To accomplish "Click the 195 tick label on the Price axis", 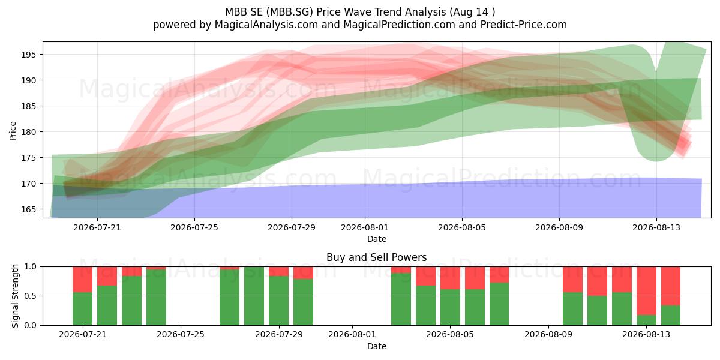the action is (28, 55).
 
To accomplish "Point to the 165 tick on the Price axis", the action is (28, 209).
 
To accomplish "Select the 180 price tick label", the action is (28, 132).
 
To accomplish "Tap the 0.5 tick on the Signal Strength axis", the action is (31, 296).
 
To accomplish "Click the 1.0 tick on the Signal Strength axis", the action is (31, 267).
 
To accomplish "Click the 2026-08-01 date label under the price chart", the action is (365, 227).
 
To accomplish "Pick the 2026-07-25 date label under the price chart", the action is (194, 227).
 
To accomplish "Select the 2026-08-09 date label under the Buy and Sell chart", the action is (548, 335).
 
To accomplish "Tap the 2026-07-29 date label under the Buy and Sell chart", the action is (279, 335).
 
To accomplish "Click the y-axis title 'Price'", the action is (13, 131).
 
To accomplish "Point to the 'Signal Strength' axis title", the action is (15, 296).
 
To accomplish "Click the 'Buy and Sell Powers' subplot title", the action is (377, 257).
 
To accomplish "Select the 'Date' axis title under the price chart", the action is (377, 239).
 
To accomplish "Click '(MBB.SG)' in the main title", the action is (292, 12).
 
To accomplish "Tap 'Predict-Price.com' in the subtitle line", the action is (524, 25).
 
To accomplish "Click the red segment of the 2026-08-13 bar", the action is (646, 291).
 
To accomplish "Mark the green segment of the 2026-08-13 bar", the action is (646, 320).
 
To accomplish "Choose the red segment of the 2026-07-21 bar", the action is (83, 280).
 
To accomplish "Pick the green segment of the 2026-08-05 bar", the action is (450, 307).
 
